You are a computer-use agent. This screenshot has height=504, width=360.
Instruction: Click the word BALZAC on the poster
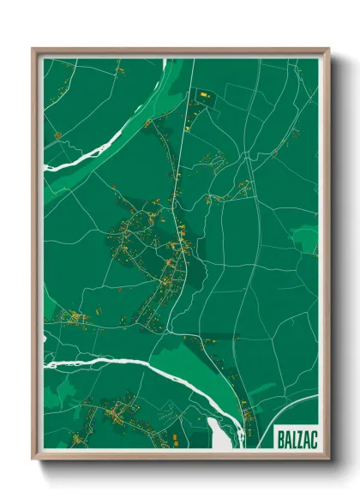[x=296, y=438]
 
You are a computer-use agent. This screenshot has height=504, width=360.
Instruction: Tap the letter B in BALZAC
[x=282, y=438]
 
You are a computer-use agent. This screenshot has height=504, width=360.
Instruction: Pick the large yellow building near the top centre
[x=205, y=93]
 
